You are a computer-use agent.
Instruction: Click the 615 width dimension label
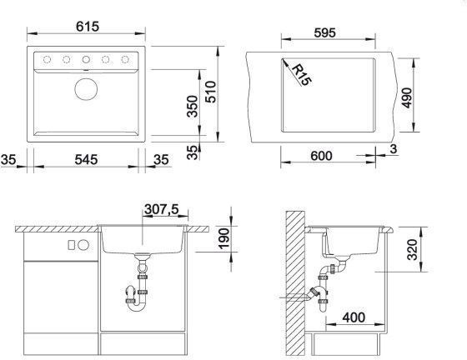pos(88,27)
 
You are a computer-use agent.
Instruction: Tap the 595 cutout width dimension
pos(324,32)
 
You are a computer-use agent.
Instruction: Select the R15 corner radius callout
pos(302,75)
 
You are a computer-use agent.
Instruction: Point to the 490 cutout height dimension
pos(407,97)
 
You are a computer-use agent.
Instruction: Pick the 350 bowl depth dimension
pos(192,106)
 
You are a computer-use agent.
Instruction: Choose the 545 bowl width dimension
pos(86,160)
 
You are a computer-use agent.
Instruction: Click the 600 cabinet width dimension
pos(321,156)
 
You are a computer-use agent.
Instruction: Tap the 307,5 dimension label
pos(162,209)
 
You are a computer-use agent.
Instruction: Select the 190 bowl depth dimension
pos(224,238)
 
